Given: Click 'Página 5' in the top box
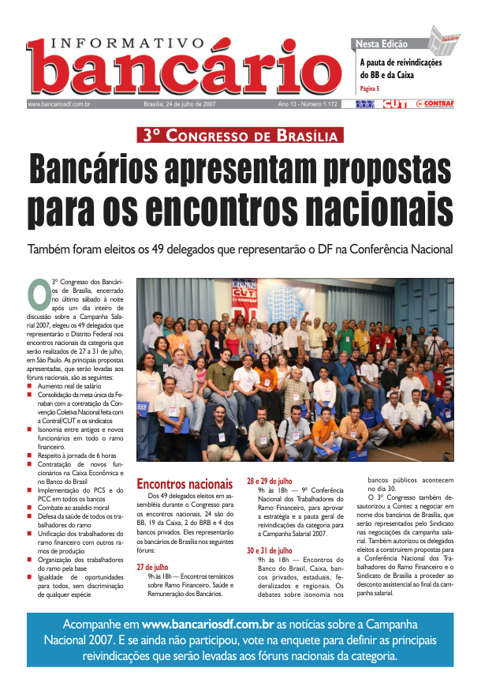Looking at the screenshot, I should pos(369,88).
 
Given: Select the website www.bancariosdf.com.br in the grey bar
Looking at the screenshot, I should pos(59,104).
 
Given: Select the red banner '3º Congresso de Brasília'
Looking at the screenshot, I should pos(240,135).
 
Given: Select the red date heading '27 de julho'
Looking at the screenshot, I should pos(152,567).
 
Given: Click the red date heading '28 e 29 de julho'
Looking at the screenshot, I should pos(270,481).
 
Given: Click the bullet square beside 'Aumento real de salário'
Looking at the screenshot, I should pos(30,364).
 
